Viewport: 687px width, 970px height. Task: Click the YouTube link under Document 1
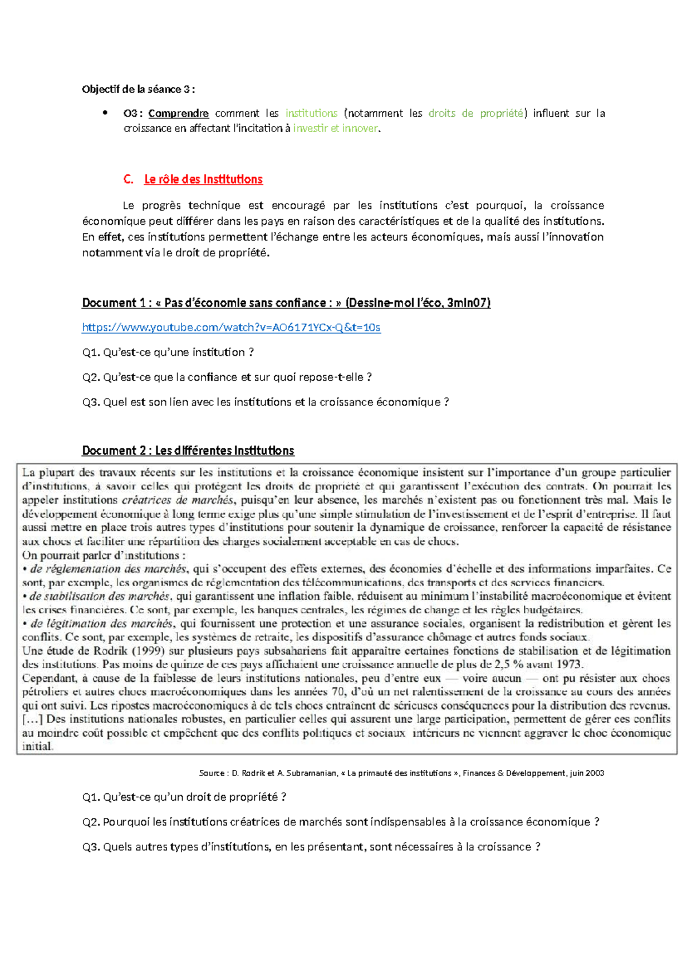click(231, 328)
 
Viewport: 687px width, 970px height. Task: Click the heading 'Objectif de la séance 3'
click(138, 89)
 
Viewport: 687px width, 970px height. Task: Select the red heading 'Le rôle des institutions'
click(203, 180)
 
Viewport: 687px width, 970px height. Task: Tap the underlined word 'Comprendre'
click(178, 113)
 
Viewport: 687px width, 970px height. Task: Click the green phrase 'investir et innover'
click(335, 128)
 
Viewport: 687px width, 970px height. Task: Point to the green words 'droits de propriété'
click(476, 113)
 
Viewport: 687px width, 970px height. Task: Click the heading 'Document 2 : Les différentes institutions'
click(188, 451)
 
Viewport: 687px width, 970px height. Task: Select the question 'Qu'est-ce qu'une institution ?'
click(168, 352)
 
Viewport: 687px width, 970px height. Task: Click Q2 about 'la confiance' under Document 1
click(227, 377)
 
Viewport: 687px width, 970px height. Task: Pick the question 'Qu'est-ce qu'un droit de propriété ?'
click(184, 797)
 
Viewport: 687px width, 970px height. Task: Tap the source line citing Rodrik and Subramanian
click(401, 773)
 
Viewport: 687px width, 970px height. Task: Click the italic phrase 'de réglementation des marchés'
click(108, 569)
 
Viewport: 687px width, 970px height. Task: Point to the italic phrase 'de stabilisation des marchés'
click(100, 597)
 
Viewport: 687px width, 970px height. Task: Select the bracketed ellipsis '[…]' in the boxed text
click(33, 719)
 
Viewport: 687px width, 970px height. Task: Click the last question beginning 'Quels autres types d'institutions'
click(311, 847)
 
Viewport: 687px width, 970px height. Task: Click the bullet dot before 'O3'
click(105, 113)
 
